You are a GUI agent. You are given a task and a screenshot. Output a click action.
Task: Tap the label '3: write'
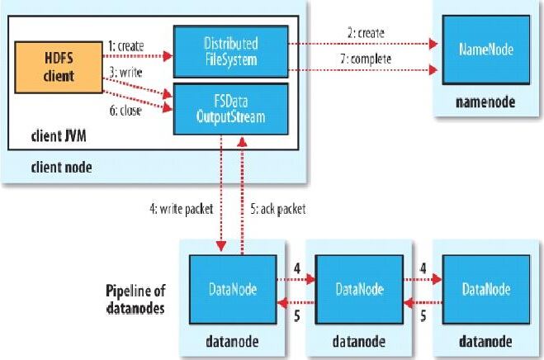pos(125,73)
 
